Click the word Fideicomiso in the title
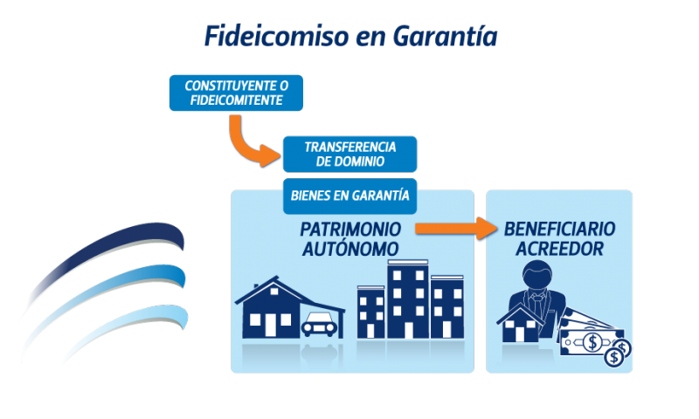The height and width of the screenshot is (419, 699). [276, 36]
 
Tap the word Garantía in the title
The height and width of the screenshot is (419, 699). [446, 36]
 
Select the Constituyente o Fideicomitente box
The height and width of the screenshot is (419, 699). [236, 93]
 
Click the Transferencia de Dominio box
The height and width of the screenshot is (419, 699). [350, 154]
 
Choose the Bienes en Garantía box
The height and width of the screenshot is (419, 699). [350, 196]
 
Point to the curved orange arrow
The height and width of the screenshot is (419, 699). [243, 146]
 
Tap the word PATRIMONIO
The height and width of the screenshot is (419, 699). [350, 230]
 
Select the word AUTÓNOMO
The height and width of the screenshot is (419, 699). [350, 249]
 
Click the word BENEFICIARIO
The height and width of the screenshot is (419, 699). [559, 229]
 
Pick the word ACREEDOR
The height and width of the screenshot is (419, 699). [559, 249]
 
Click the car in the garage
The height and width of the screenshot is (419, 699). [319, 324]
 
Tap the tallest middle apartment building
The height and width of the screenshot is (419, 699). [408, 299]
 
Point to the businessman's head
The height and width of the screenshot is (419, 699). [537, 274]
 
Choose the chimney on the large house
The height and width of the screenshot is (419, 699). [255, 288]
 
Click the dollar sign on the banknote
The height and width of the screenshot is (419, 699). [592, 342]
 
